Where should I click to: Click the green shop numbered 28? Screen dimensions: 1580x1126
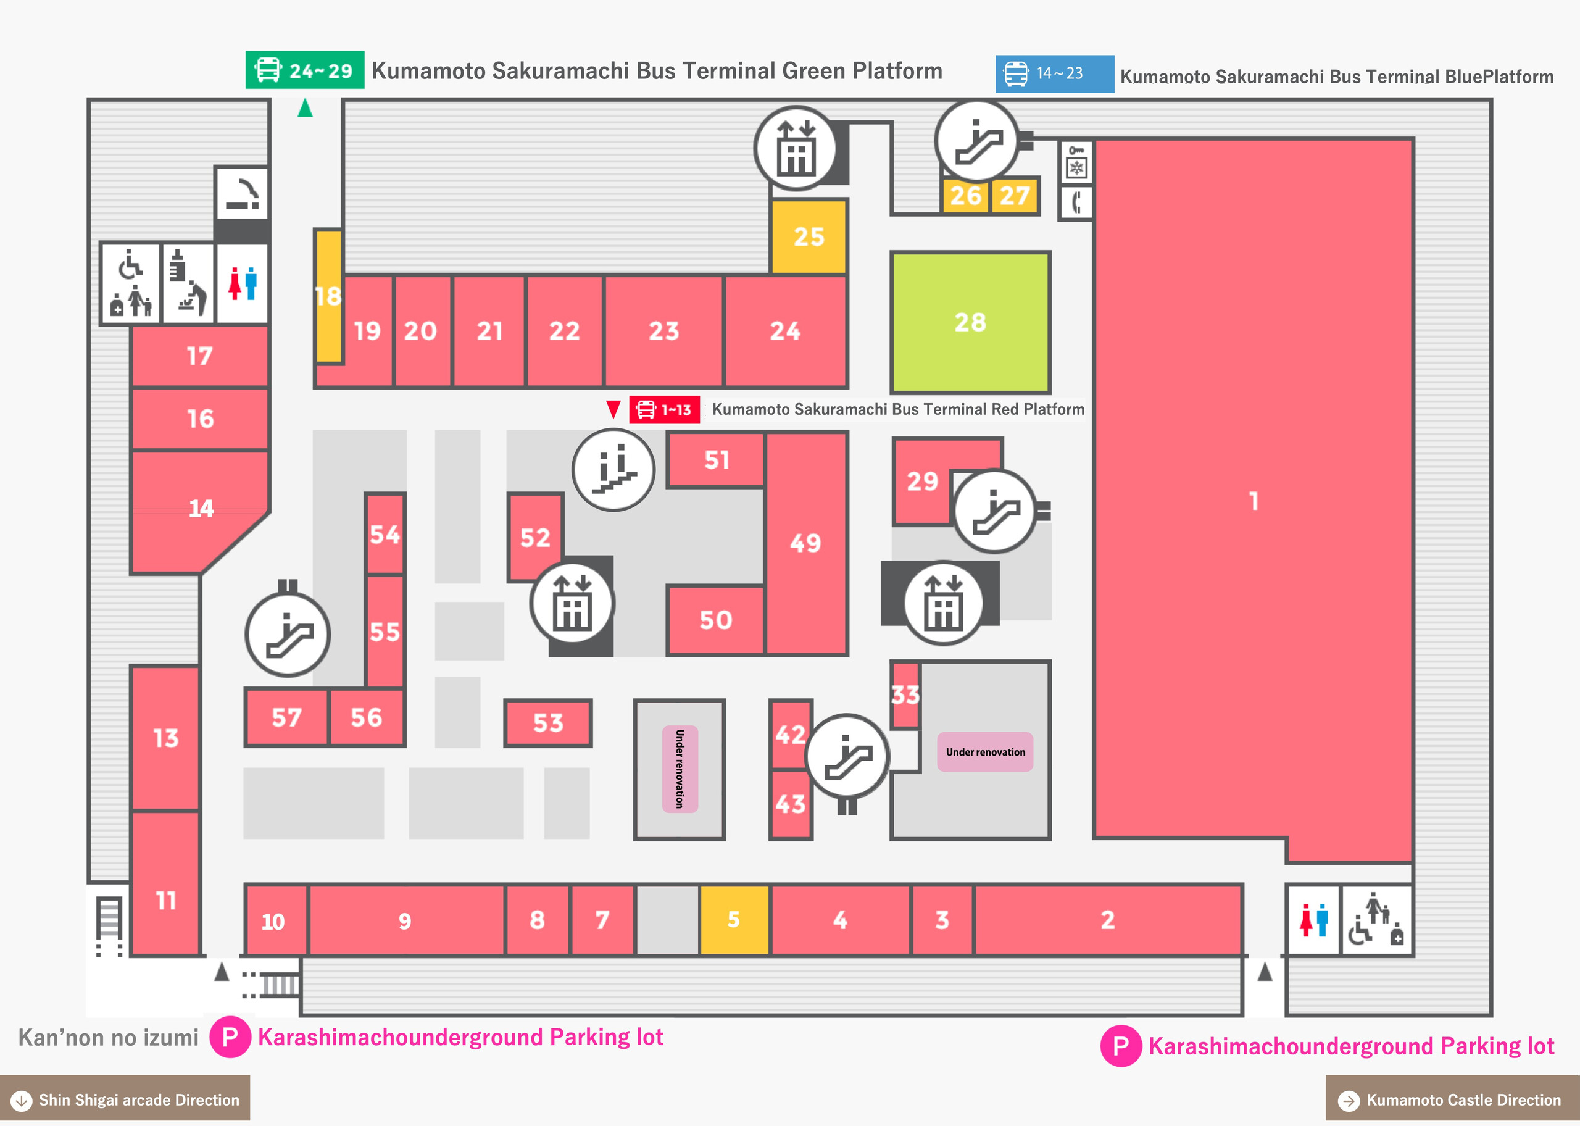tap(970, 322)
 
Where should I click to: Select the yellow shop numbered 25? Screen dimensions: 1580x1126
tap(809, 236)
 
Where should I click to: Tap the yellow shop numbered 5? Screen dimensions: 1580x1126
tap(734, 920)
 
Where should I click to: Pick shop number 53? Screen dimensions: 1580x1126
tap(547, 723)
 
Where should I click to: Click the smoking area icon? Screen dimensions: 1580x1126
tap(242, 193)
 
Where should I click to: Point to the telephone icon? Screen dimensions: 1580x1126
tap(1076, 202)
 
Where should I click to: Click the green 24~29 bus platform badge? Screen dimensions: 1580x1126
tap(305, 70)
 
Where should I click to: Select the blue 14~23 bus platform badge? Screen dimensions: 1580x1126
tap(1055, 73)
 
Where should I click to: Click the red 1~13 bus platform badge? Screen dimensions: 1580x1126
tap(665, 410)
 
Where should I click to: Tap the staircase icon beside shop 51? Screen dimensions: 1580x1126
tap(613, 470)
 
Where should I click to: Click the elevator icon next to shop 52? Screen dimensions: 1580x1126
tap(572, 603)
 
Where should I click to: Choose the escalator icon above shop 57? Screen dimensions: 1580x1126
tap(288, 635)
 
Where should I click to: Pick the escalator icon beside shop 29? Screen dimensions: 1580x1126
tap(995, 511)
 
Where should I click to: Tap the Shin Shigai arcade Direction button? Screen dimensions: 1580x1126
tap(125, 1099)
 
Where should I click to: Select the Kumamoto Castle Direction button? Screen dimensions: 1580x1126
tap(1452, 1100)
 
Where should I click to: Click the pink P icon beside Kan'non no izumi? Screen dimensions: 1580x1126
tap(230, 1037)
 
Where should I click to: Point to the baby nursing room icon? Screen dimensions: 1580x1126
tap(188, 283)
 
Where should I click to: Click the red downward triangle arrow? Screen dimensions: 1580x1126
tap(613, 409)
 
